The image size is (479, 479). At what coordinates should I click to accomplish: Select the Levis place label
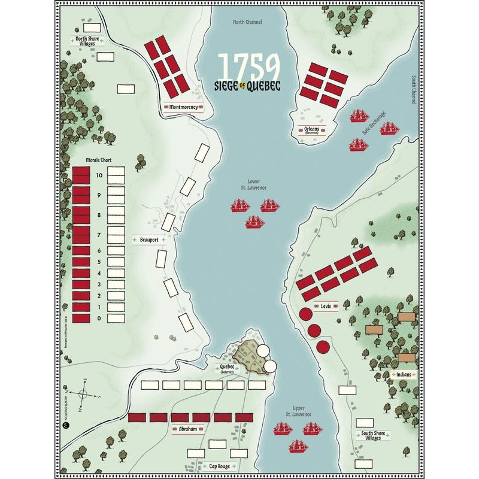pos(326,306)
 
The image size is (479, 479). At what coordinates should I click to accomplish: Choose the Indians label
pos(404,374)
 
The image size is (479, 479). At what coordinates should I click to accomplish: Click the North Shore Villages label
pos(89,41)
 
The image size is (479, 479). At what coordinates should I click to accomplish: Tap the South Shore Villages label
pos(373,435)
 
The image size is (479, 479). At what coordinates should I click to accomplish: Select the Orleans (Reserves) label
pos(310,130)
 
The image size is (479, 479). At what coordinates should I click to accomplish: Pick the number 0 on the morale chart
pos(99,319)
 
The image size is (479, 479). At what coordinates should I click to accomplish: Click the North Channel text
pos(248,22)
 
